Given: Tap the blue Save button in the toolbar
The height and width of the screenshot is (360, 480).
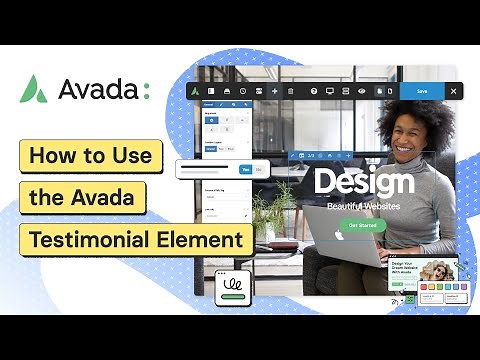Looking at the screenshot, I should point(422,91).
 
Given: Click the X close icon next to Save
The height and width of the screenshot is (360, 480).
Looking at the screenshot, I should point(453,91).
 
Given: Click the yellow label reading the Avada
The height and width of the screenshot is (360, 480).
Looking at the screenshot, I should point(88,198).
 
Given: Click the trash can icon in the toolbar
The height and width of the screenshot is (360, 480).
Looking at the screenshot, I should point(290,91).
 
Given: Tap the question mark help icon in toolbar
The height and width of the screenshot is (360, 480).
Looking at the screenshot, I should point(314,91).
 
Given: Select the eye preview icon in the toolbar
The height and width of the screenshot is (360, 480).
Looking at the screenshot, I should point(362,91).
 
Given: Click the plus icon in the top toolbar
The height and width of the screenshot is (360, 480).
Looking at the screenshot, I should point(275,91).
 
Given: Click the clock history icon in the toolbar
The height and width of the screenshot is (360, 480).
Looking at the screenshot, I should point(243,91).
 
